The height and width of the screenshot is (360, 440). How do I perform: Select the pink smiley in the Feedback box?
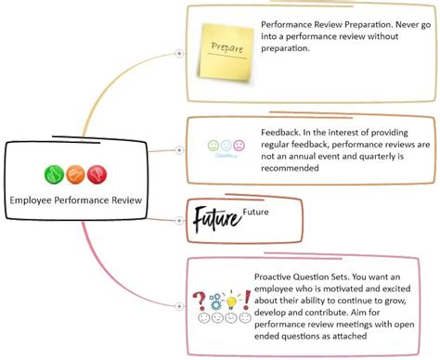pyautogui.click(x=239, y=146)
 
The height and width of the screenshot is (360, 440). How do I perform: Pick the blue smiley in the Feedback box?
pyautogui.click(x=226, y=146)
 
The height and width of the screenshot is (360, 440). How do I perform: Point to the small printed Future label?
pyautogui.click(x=256, y=212)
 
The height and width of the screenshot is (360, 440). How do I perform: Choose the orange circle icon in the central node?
pyautogui.click(x=75, y=174)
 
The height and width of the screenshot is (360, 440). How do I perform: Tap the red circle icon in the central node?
pyautogui.click(x=97, y=174)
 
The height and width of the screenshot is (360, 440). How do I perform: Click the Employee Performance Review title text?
pyautogui.click(x=75, y=199)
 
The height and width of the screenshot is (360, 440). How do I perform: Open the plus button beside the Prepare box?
pyautogui.click(x=179, y=54)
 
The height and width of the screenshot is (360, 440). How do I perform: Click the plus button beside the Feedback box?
pyautogui.click(x=179, y=149)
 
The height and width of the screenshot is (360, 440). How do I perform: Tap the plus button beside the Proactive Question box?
pyautogui.click(x=179, y=304)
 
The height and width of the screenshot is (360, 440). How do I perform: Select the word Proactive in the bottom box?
pyautogui.click(x=277, y=276)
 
